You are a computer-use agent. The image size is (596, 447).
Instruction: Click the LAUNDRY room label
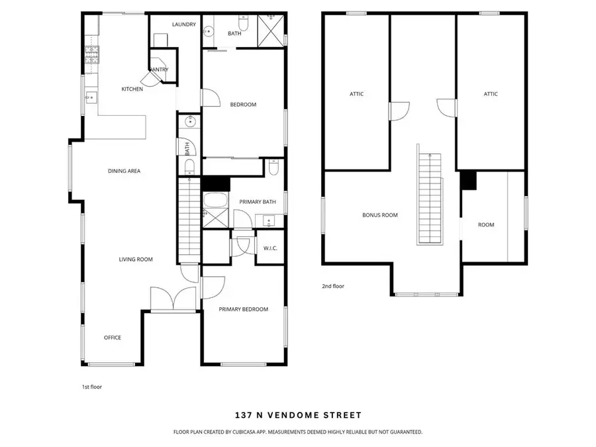pos(183,25)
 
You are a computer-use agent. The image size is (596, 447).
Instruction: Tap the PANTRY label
pos(159,70)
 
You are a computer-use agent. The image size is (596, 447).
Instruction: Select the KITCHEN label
pos(132,89)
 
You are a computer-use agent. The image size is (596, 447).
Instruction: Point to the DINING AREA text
pos(124,171)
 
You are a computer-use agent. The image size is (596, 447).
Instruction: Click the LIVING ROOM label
pos(136,259)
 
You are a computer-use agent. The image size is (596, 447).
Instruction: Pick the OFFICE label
pos(113,338)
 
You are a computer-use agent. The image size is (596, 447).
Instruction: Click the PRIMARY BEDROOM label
pos(244,309)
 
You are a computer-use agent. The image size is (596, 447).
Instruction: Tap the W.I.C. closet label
pos(270,249)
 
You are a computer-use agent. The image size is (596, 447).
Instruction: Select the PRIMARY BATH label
pos(258,202)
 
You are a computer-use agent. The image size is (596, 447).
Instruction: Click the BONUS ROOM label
pos(380,215)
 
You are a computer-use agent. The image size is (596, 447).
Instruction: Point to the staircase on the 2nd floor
pos(429,199)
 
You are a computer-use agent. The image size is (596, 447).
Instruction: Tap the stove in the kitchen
pos(91,56)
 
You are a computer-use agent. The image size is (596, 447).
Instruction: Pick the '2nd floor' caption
pos(334,286)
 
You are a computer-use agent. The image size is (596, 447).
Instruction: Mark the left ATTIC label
pos(357,94)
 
